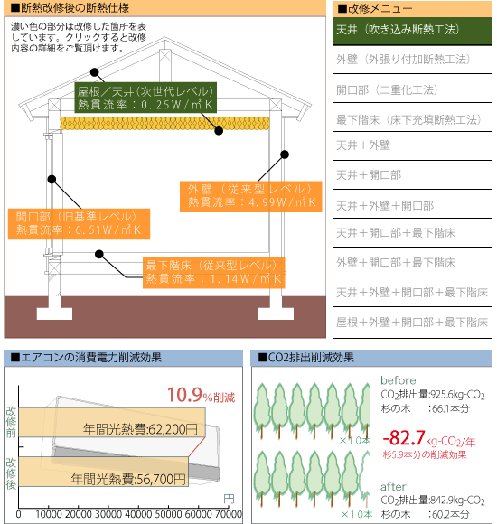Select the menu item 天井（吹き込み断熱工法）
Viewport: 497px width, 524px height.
(x=412, y=31)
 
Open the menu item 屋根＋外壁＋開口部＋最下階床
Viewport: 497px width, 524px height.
(x=412, y=323)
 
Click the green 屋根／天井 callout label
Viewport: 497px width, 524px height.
(x=145, y=98)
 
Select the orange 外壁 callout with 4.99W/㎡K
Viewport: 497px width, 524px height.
(x=250, y=197)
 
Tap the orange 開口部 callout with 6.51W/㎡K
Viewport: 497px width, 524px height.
(x=79, y=224)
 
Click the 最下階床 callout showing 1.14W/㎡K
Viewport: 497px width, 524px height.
(x=214, y=273)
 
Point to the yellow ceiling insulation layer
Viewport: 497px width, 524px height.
(x=164, y=123)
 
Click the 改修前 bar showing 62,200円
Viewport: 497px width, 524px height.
(x=112, y=422)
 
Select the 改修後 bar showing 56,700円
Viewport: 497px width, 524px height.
(x=103, y=472)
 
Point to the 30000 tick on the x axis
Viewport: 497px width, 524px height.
(x=108, y=514)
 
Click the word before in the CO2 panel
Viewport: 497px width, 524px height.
(x=399, y=380)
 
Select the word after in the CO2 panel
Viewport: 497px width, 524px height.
(x=393, y=487)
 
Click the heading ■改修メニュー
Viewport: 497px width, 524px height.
(x=375, y=9)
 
